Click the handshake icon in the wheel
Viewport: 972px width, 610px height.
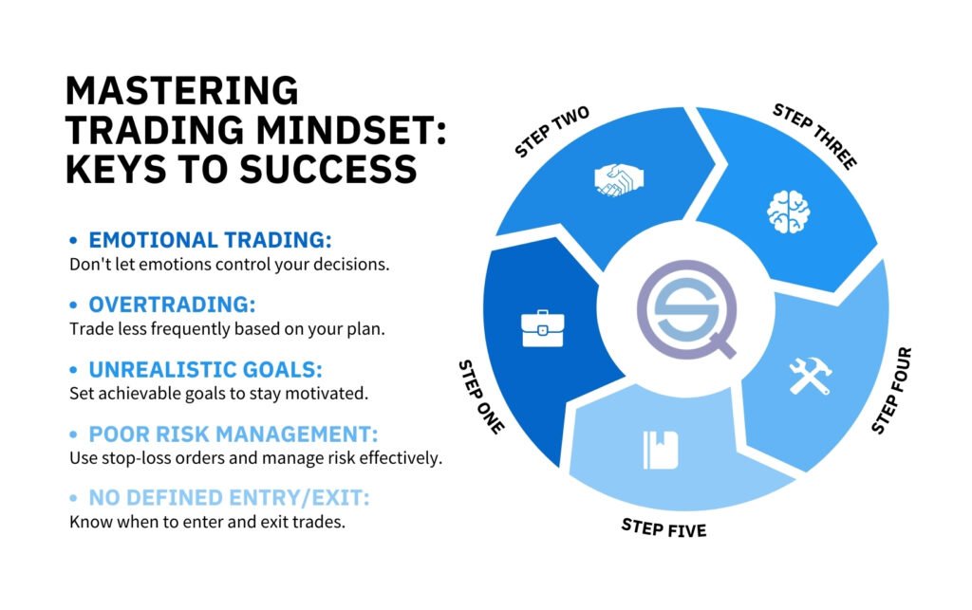point(619,179)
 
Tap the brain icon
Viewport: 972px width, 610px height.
point(789,212)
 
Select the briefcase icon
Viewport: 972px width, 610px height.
point(542,329)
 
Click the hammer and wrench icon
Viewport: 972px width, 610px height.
point(810,376)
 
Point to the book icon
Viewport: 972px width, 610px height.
point(661,450)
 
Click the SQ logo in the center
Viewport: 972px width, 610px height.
point(687,309)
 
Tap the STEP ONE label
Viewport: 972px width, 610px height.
point(481,397)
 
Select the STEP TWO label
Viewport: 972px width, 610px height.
point(551,132)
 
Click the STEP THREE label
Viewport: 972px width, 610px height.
point(814,137)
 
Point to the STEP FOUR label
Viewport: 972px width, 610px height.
point(891,390)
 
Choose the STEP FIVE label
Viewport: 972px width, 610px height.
point(664,528)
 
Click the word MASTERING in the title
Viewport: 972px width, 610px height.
point(181,91)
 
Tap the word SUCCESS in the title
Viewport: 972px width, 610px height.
point(327,169)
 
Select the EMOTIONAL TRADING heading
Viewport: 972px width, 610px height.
point(210,240)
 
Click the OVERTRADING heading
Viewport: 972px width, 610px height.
point(172,305)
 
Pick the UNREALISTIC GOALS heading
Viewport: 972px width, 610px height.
point(205,370)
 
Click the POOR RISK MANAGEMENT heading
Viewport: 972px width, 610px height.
point(234,434)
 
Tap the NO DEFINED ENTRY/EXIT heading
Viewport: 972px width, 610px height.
point(229,498)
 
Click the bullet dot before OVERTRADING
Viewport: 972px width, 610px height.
point(74,305)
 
